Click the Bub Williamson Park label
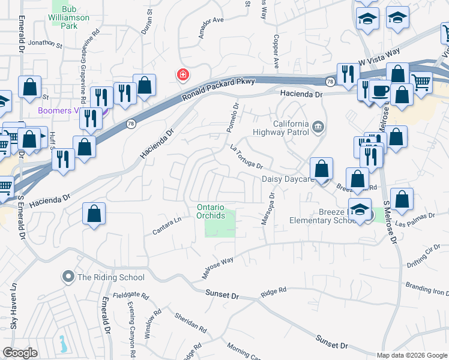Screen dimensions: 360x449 click(70, 17)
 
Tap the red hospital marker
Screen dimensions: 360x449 click(182, 75)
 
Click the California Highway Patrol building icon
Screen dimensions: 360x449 click(319, 125)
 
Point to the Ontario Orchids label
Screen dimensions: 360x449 click(211, 211)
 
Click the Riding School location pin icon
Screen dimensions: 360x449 click(68, 277)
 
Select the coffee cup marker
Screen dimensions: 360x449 click(379, 91)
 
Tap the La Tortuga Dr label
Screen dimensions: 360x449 click(247, 157)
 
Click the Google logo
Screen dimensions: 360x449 click(20, 353)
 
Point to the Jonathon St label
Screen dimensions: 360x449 click(45, 43)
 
